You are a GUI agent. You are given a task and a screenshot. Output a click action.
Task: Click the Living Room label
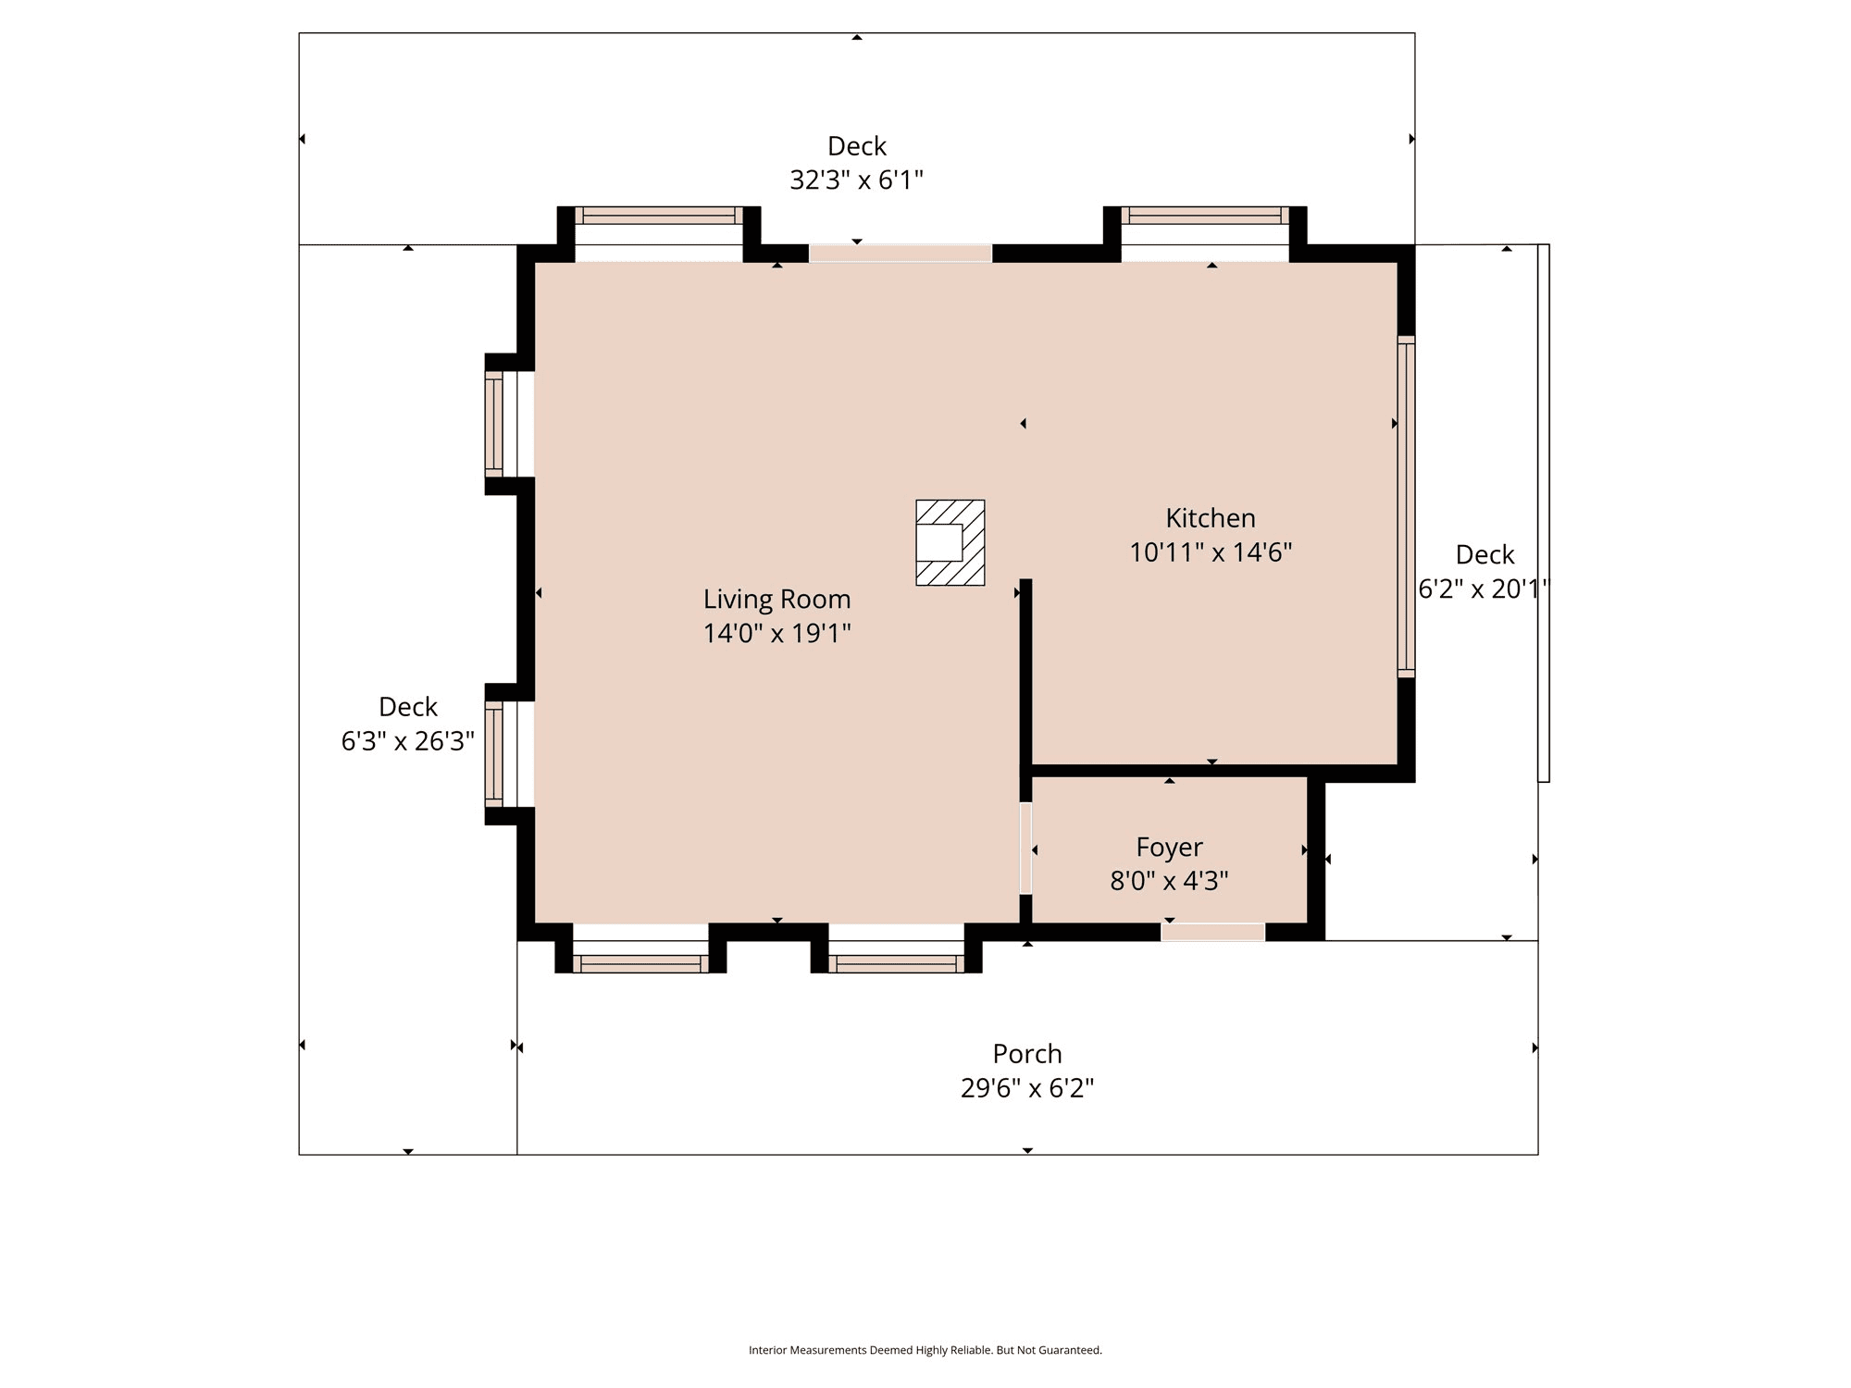(x=776, y=600)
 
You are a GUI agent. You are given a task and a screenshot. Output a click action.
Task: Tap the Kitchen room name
(x=1211, y=518)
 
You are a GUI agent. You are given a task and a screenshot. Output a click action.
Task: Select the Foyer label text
(x=1170, y=848)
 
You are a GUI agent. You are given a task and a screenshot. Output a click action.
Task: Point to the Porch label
(x=1027, y=1054)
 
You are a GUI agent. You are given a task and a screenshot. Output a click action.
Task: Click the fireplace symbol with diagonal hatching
(x=950, y=543)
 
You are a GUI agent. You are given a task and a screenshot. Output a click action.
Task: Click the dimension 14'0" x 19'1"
(x=776, y=633)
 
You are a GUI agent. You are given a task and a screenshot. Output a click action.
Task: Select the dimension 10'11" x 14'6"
(x=1211, y=552)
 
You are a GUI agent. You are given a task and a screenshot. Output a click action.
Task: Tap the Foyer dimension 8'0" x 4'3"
(x=1170, y=881)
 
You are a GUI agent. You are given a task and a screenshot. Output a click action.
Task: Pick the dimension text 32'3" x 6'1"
(x=856, y=180)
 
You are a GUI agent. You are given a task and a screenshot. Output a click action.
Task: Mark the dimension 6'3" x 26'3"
(x=408, y=741)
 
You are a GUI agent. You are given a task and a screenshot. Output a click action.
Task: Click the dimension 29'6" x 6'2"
(x=1027, y=1088)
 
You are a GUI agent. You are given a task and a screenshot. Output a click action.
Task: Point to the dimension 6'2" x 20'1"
(x=1484, y=589)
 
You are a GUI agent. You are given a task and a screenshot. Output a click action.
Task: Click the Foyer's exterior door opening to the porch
(x=1212, y=932)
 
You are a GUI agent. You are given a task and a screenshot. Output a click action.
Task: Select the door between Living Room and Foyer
(x=1025, y=849)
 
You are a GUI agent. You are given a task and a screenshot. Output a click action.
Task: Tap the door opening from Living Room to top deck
(x=901, y=254)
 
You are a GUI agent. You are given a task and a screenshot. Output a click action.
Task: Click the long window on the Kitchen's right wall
(x=1406, y=506)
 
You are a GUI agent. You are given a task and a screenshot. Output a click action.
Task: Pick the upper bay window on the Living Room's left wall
(x=494, y=424)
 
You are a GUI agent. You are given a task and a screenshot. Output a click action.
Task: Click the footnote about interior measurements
(x=925, y=1350)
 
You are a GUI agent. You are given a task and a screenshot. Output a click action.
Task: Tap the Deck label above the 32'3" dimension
(x=857, y=146)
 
